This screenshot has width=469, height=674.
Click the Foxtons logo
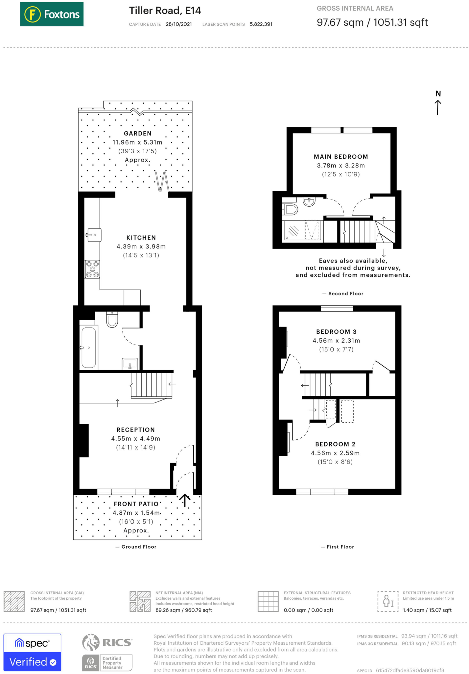click(52, 14)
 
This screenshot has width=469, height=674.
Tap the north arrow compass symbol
click(438, 103)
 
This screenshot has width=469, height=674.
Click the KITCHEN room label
click(141, 238)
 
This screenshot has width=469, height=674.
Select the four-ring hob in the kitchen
click(92, 269)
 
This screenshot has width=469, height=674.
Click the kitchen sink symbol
click(94, 235)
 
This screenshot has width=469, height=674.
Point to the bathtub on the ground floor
click(89, 347)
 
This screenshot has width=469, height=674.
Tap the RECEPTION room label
click(135, 430)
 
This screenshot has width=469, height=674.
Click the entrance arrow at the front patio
click(185, 500)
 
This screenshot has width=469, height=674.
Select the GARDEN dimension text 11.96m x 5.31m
click(137, 143)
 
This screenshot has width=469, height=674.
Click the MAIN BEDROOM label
click(341, 157)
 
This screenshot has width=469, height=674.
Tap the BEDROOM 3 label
click(336, 332)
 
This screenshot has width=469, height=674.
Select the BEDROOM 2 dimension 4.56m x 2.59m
click(335, 453)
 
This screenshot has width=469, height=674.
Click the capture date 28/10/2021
click(178, 24)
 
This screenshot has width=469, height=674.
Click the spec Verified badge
click(32, 652)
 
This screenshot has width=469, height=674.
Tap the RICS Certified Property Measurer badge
click(107, 653)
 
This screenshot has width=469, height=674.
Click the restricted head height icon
click(388, 601)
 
